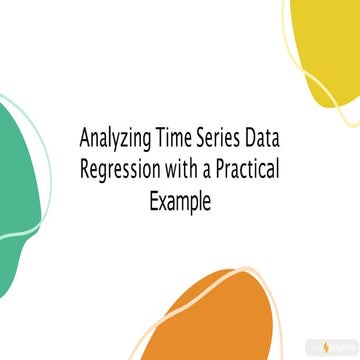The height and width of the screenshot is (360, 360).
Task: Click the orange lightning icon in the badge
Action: [330, 343]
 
